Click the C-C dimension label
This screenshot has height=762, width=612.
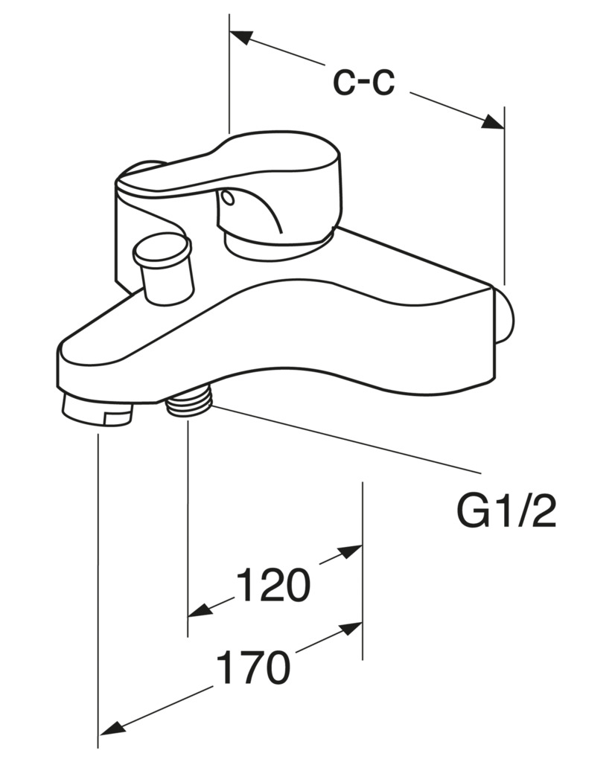click(x=363, y=82)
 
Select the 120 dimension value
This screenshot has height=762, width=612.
click(x=272, y=585)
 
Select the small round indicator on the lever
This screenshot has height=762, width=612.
click(x=226, y=197)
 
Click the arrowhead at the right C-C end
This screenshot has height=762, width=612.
click(x=492, y=122)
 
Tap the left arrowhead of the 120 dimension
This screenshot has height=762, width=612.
click(x=200, y=610)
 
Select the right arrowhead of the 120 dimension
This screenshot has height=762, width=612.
click(x=351, y=551)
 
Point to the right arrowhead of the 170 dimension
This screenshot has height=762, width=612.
click(x=351, y=629)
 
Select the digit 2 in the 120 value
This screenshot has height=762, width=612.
click(x=272, y=585)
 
